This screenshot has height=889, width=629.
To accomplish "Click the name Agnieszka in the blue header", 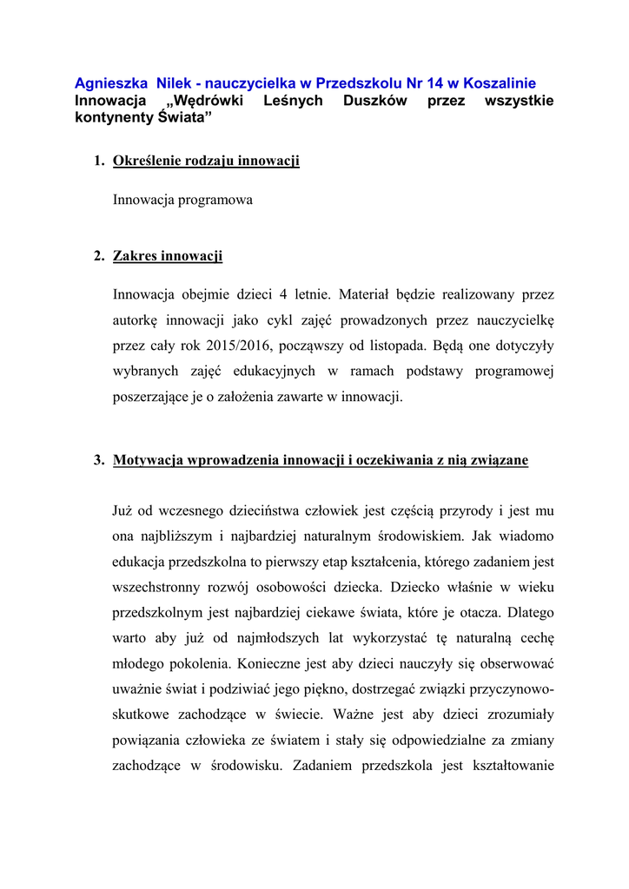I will click(109, 84).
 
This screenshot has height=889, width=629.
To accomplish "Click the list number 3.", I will click(98, 460).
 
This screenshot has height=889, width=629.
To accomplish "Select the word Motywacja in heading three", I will click(145, 460).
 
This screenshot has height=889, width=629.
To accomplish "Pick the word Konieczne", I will click(239, 664).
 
